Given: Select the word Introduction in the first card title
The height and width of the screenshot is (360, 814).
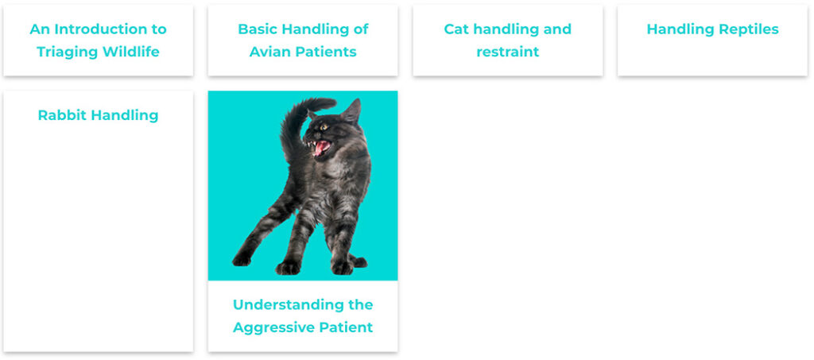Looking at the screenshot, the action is (x=98, y=29).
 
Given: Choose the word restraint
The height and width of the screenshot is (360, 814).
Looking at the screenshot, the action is (x=508, y=52).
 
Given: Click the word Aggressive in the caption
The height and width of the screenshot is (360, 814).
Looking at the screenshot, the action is (x=273, y=327).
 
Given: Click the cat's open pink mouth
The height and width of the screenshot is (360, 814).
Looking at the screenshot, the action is (x=320, y=148).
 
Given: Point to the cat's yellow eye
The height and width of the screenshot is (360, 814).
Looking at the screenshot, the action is (x=324, y=127).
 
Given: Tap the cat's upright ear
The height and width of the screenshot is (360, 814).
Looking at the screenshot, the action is (x=352, y=111).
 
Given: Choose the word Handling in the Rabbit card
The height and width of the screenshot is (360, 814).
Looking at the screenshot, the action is (x=122, y=115).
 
